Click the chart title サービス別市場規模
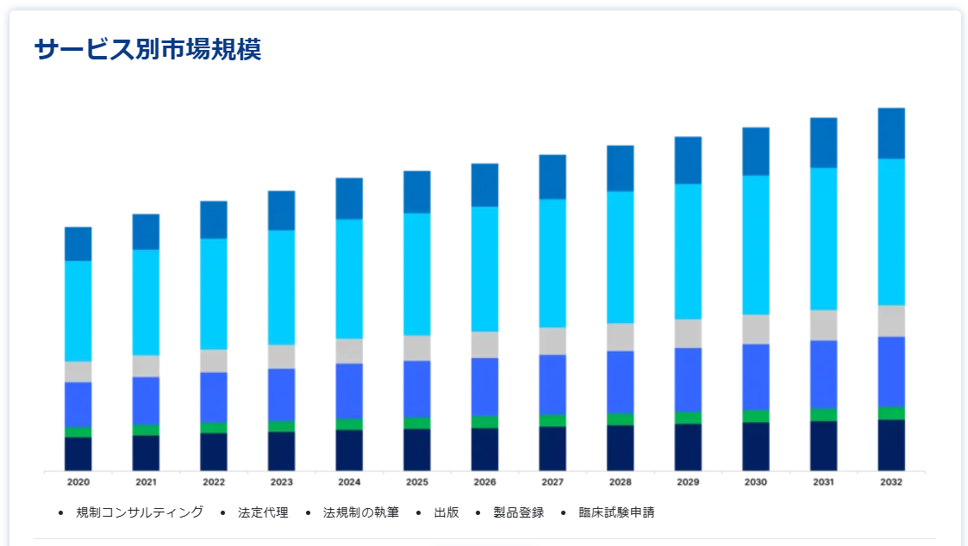[147, 50]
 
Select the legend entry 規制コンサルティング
[140, 512]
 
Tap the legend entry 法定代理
[262, 512]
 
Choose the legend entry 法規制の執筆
[360, 512]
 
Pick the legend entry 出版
[446, 512]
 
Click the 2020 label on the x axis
[78, 482]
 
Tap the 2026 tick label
[484, 482]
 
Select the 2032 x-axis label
[891, 482]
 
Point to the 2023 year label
[282, 482]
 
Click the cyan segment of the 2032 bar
[891, 232]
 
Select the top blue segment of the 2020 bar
[78, 244]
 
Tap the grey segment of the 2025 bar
[417, 348]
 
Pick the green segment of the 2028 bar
[621, 419]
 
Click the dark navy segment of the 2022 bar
[214, 452]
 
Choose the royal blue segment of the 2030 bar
[756, 376]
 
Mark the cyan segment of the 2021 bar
[146, 302]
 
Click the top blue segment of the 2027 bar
[553, 177]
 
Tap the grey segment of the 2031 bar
[823, 325]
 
